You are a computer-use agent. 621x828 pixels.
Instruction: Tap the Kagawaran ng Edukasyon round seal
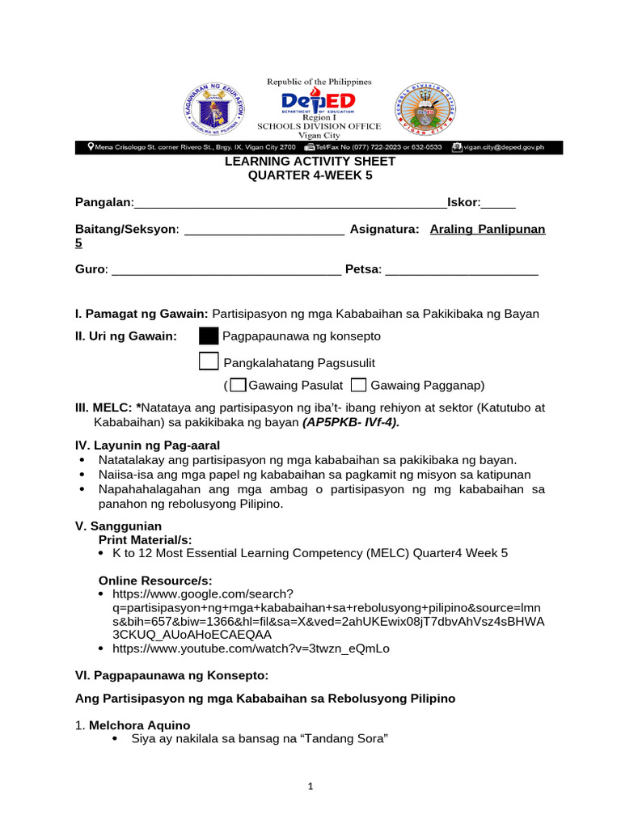[215, 108]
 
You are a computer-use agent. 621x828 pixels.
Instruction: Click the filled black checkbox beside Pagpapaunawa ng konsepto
[209, 336]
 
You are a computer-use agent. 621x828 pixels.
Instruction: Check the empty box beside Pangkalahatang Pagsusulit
[209, 361]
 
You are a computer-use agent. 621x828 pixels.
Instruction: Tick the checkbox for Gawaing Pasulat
[238, 385]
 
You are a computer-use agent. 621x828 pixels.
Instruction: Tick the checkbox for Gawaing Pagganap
[360, 385]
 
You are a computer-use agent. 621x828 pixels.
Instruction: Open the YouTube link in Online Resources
[251, 648]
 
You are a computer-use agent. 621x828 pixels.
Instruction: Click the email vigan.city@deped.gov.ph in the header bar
[503, 147]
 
